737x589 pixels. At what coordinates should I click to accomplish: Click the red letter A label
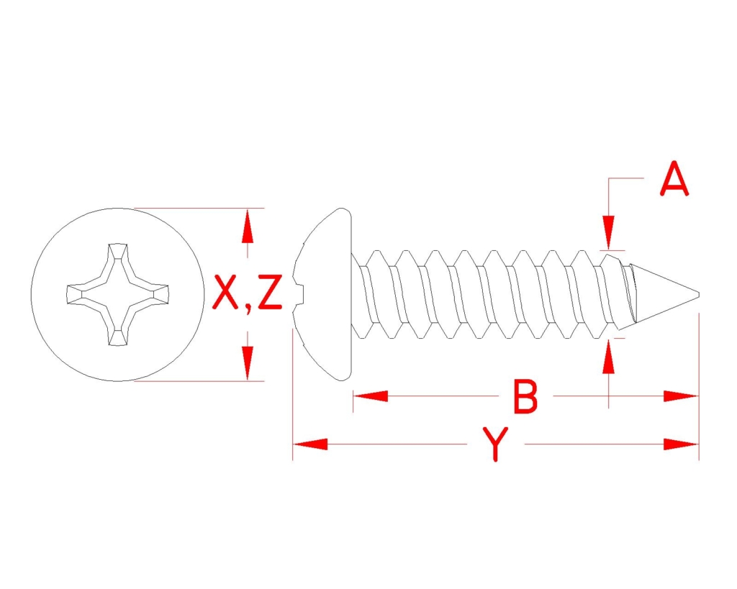coord(674,178)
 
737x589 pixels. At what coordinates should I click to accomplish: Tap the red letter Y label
coord(495,444)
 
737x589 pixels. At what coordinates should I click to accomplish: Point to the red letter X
coord(225,292)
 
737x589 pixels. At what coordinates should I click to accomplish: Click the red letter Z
coord(270,292)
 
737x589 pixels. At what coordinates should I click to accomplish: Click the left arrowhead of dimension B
coord(371,396)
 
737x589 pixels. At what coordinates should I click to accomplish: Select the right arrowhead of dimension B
coord(681,396)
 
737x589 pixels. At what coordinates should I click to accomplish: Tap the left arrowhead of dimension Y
coord(310,444)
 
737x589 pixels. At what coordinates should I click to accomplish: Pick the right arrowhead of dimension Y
coord(681,444)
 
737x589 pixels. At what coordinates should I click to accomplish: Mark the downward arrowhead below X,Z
coord(248,363)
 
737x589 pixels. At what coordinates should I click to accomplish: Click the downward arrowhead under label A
coord(609,232)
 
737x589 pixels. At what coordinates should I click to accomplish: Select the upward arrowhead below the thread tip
coord(609,356)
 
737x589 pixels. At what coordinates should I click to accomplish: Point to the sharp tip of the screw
coord(698,295)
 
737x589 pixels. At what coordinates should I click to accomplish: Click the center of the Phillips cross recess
coord(117,295)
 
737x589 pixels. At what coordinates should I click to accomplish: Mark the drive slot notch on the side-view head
coord(299,295)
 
